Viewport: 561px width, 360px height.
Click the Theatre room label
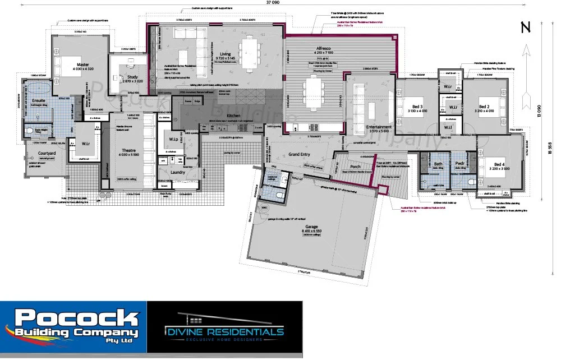132,151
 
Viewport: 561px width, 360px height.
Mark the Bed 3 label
416,107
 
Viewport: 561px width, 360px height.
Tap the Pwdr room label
461,164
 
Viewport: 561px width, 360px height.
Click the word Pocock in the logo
76,320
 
